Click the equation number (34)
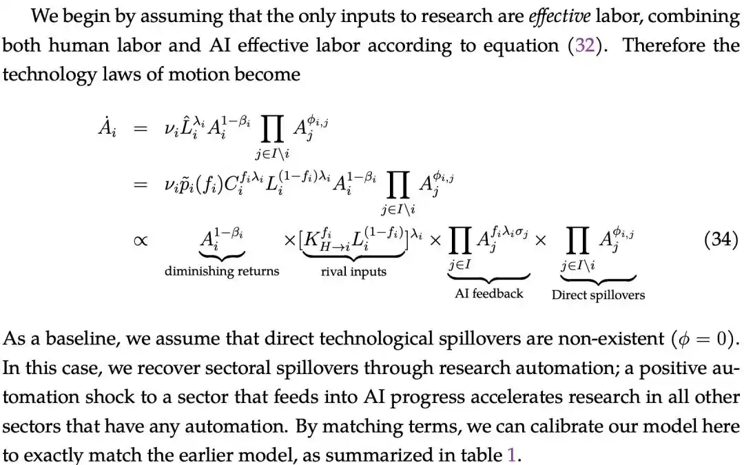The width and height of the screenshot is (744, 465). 721,239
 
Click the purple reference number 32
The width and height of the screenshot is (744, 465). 585,45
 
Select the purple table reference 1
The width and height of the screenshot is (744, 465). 511,455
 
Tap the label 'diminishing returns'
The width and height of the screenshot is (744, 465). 222,271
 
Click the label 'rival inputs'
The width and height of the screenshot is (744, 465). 353,271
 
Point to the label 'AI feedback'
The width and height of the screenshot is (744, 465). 488,293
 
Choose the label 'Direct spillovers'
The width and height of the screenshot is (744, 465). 599,295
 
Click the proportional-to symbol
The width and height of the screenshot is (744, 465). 141,240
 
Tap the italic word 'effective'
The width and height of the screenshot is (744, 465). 559,16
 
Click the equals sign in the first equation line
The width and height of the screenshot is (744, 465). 141,128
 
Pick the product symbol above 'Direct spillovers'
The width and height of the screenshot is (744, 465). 577,240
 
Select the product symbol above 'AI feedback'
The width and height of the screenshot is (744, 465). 459,240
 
